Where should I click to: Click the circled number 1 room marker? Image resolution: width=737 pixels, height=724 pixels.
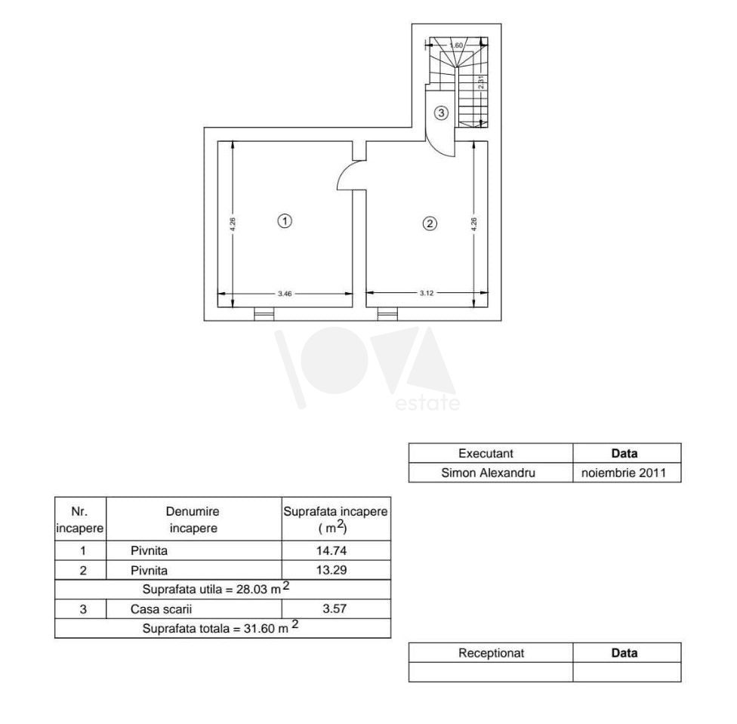click(285, 220)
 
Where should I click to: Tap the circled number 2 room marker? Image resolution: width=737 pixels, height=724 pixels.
click(430, 223)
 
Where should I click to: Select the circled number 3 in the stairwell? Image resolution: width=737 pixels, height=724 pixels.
click(441, 112)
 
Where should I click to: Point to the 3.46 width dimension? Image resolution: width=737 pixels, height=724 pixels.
click(285, 294)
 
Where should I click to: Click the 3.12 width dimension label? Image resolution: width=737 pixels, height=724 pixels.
click(427, 293)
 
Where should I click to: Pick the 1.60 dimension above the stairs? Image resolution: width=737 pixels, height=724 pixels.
click(456, 45)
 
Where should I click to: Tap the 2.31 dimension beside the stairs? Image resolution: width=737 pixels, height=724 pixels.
click(480, 82)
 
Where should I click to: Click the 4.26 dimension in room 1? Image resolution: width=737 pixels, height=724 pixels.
click(233, 223)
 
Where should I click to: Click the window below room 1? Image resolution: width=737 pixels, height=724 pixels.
click(264, 314)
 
